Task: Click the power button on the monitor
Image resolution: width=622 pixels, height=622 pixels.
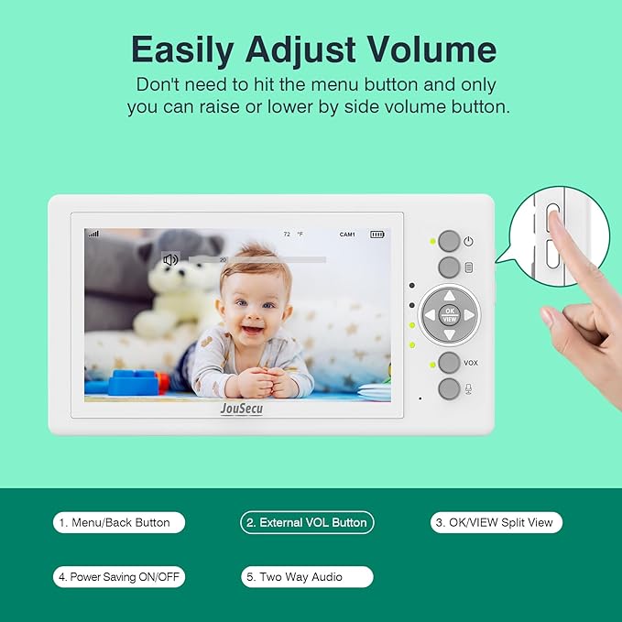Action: pos(449,241)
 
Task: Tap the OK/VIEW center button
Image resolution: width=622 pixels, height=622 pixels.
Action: pos(449,314)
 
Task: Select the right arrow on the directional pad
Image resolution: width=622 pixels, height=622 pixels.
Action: pos(469,314)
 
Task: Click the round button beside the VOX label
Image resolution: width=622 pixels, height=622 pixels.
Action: pos(449,363)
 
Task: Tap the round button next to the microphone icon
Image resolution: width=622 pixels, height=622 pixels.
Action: pos(449,388)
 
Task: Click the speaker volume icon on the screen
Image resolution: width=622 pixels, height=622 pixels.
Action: pos(170,259)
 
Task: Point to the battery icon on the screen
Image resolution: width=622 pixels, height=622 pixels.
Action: pos(377,235)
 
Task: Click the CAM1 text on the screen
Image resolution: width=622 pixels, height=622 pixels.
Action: pos(347,235)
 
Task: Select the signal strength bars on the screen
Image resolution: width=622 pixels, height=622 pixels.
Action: pos(93,235)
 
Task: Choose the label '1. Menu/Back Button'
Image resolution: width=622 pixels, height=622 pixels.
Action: pos(118,522)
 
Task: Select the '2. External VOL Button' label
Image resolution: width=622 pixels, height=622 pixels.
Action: pos(307,522)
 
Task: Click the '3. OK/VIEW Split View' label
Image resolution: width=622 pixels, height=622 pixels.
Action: pos(496,522)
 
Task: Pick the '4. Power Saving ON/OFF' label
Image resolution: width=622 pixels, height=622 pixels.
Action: pos(118,577)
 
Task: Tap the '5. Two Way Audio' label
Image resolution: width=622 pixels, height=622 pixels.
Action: pos(307,577)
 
